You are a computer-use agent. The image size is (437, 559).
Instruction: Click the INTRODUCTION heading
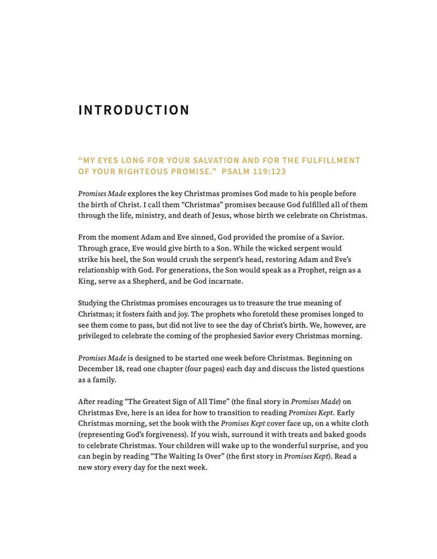click(134, 110)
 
